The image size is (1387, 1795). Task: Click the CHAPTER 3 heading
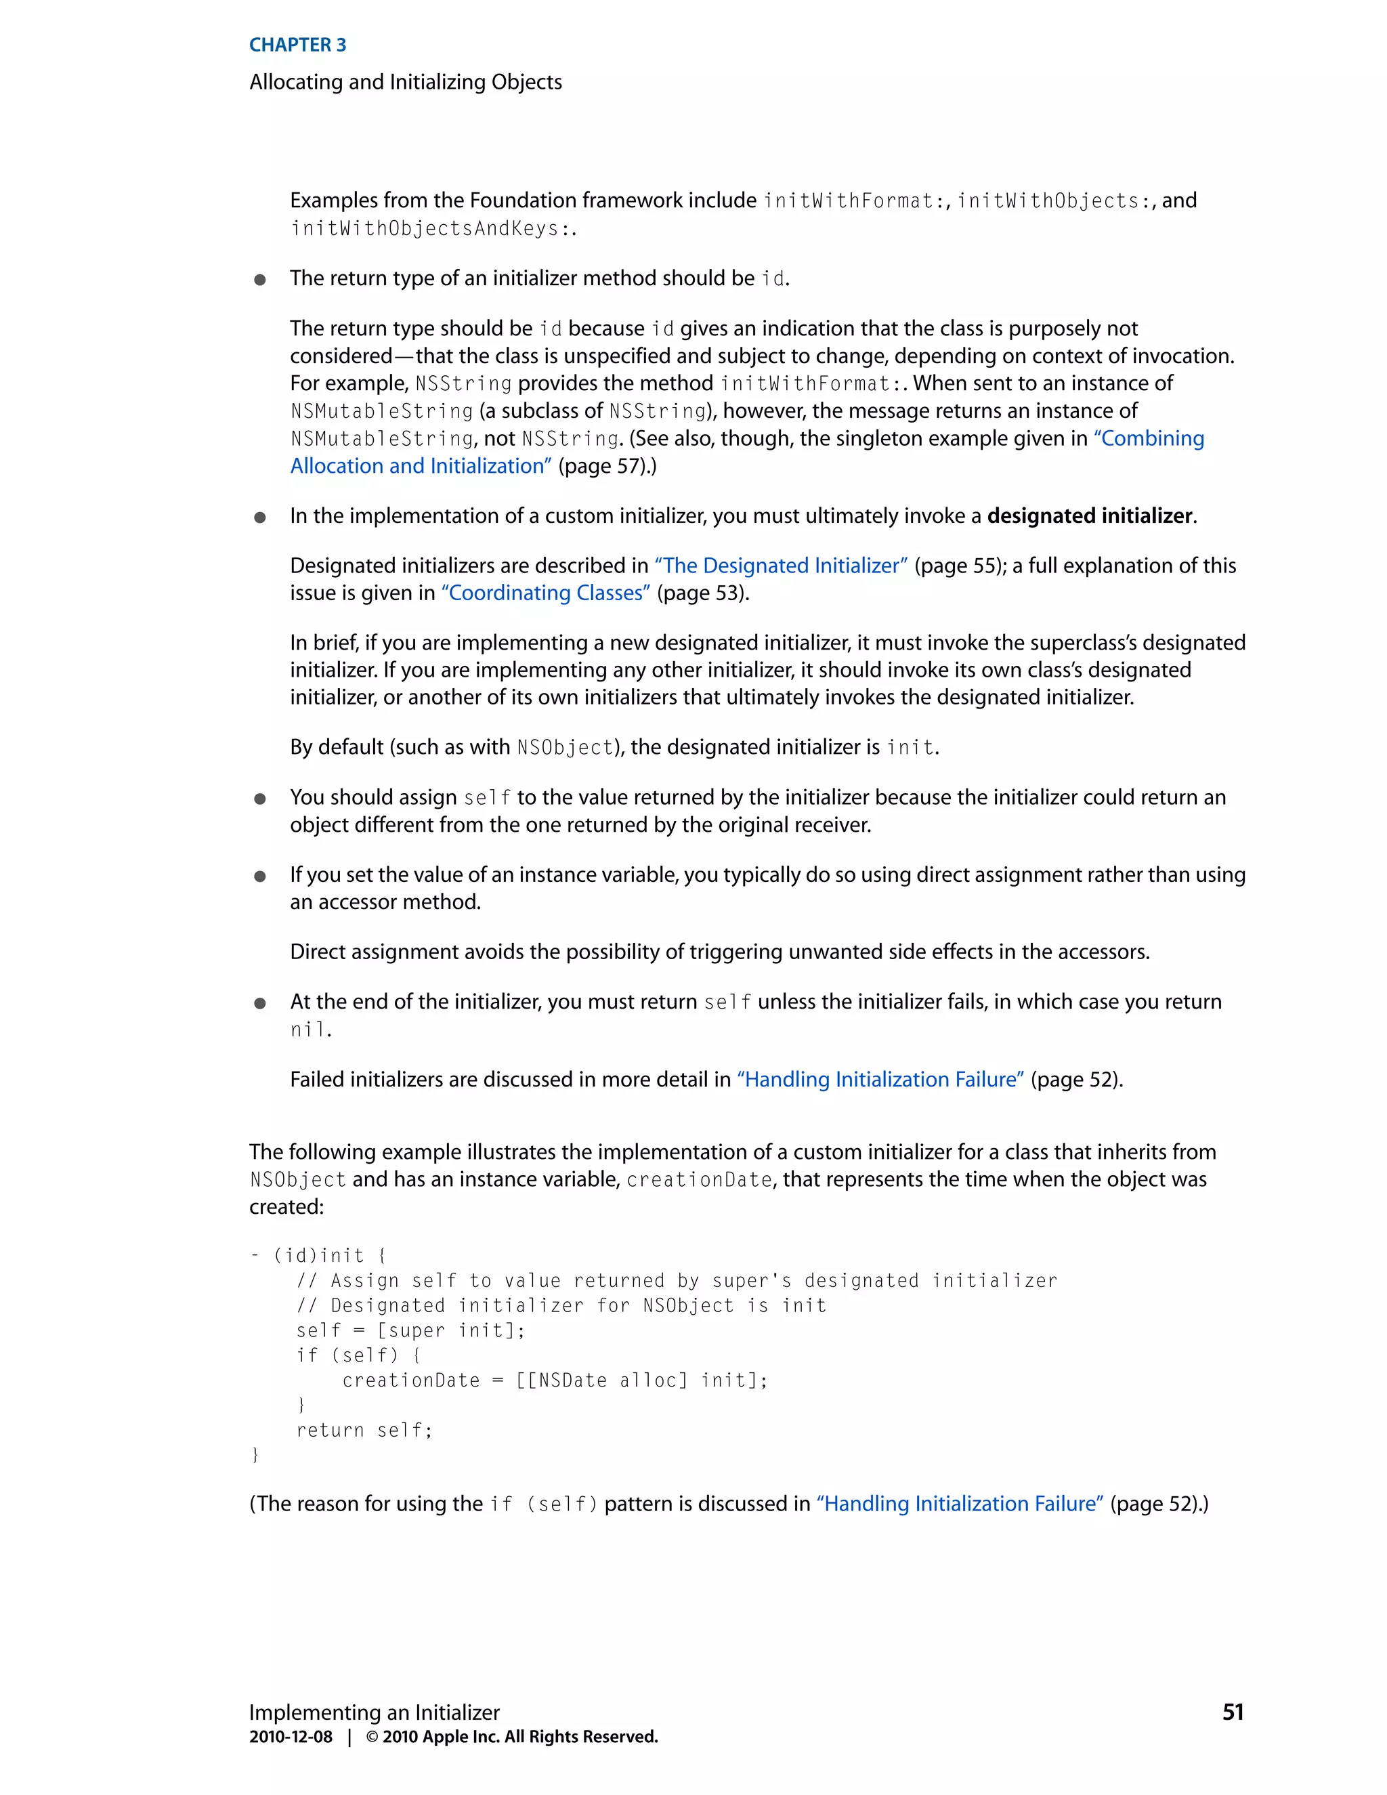click(x=297, y=45)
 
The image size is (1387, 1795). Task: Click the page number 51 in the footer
click(x=1233, y=1712)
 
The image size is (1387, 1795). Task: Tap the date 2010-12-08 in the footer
click(x=291, y=1737)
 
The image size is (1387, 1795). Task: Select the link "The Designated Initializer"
click(x=781, y=566)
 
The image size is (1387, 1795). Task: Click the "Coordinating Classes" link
click(x=546, y=593)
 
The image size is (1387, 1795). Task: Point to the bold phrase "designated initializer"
click(x=1090, y=516)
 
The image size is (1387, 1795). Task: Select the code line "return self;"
click(x=364, y=1430)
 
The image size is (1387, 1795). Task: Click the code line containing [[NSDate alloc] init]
click(x=555, y=1380)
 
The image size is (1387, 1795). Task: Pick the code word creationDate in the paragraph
click(x=699, y=1180)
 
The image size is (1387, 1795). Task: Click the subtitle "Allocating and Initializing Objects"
click(x=406, y=82)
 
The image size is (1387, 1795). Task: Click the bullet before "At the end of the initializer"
click(x=259, y=1002)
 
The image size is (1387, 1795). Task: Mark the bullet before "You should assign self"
click(x=259, y=798)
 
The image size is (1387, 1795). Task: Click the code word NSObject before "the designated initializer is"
click(x=566, y=748)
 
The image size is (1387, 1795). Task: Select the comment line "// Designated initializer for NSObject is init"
click(x=561, y=1306)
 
